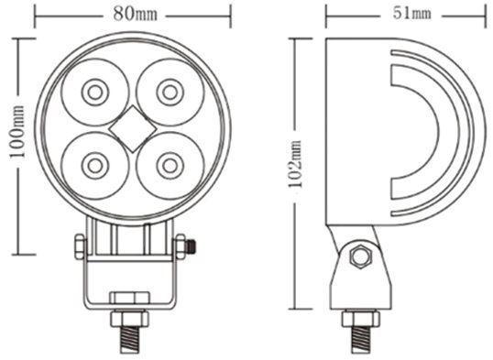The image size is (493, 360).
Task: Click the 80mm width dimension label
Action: (x=135, y=14)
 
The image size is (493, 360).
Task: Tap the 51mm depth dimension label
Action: (x=411, y=13)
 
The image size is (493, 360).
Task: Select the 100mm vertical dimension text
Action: (x=17, y=133)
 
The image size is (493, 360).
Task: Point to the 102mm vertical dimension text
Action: (x=296, y=164)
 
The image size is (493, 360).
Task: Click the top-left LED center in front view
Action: (x=95, y=93)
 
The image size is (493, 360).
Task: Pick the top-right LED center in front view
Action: (x=170, y=93)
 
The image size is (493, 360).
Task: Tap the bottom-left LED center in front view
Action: (x=95, y=166)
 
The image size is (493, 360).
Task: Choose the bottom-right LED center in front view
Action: (x=170, y=166)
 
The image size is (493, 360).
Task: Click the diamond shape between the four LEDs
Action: (x=133, y=129)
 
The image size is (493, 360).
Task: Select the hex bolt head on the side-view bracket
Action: (x=361, y=257)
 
